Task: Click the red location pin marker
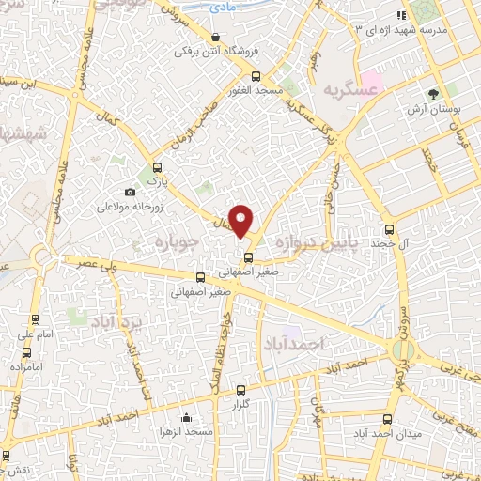(x=241, y=220)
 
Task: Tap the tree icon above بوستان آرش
(x=433, y=94)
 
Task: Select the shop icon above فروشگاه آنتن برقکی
(x=217, y=38)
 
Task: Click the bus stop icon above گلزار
(x=240, y=390)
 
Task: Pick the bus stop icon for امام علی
(x=35, y=319)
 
